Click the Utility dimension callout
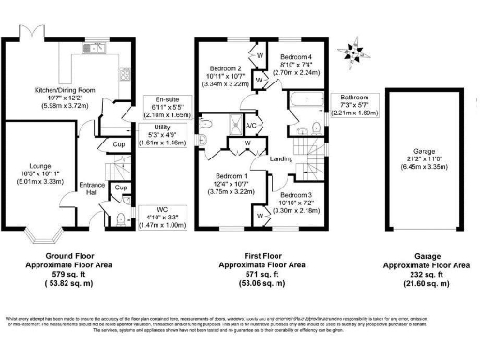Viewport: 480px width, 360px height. point(162,134)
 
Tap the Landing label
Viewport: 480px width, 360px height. point(280,159)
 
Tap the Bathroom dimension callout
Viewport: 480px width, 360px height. point(357,104)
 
